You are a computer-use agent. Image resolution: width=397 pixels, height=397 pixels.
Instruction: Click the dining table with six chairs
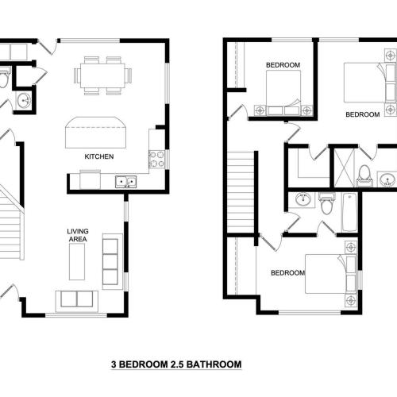click(x=102, y=75)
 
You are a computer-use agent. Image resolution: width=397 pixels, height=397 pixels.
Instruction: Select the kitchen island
click(x=94, y=133)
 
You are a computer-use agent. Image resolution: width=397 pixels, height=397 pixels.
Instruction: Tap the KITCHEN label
click(x=99, y=157)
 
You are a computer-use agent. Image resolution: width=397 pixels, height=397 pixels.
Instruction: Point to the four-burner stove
click(x=156, y=159)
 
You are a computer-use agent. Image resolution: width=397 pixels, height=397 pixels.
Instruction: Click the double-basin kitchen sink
click(x=125, y=182)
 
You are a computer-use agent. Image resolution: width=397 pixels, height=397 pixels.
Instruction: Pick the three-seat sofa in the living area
click(x=113, y=261)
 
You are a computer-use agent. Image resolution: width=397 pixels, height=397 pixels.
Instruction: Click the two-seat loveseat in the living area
click(x=74, y=299)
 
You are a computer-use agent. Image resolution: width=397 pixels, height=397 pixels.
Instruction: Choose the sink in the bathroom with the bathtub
click(x=302, y=199)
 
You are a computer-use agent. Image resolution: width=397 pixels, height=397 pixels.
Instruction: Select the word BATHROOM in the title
click(x=212, y=365)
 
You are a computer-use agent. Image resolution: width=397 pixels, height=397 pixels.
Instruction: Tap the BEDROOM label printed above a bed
click(x=282, y=65)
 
